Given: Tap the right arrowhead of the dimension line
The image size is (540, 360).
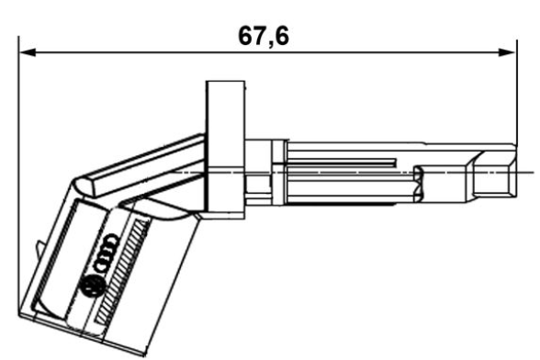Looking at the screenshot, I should point(509,52).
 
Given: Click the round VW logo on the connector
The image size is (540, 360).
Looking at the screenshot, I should point(91,287).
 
